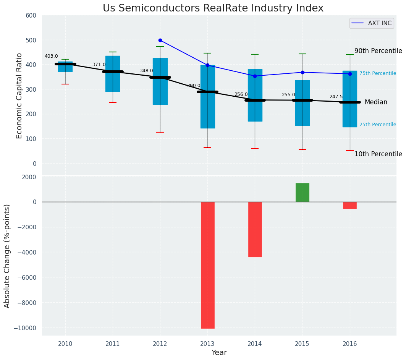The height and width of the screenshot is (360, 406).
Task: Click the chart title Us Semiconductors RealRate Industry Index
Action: click(x=213, y=8)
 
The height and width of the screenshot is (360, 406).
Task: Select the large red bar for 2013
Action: click(x=207, y=265)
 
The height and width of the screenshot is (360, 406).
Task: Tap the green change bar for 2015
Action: click(x=302, y=192)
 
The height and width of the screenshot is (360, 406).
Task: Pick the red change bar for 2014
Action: click(x=255, y=229)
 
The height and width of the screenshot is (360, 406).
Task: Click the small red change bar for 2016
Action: click(x=350, y=205)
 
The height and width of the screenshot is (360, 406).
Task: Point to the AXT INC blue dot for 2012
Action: click(x=160, y=40)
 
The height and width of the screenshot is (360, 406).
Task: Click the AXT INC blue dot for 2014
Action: click(x=255, y=76)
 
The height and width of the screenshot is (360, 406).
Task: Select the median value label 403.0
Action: click(x=51, y=56)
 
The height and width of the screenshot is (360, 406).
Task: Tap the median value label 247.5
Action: click(x=336, y=97)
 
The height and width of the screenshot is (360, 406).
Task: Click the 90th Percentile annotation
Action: click(x=378, y=51)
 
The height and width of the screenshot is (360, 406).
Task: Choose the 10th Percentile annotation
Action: click(x=378, y=154)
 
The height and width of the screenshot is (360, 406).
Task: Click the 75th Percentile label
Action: click(x=377, y=73)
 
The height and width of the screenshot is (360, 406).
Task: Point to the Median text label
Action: click(x=376, y=102)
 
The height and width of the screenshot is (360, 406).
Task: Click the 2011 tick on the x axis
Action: click(x=113, y=344)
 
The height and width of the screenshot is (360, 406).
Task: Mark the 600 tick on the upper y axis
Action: click(x=31, y=15)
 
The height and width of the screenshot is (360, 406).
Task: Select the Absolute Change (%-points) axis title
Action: click(x=7, y=256)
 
